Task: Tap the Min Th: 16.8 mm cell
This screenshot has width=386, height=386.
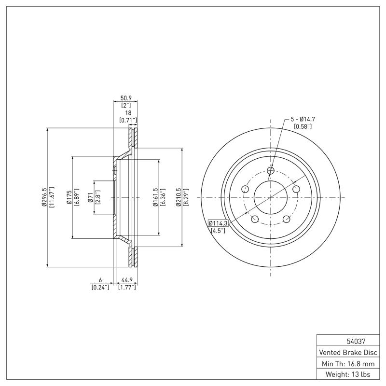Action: tap(347, 363)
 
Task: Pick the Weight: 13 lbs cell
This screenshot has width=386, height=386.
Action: tap(347, 374)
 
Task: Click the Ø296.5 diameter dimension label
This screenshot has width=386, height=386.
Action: tap(43, 197)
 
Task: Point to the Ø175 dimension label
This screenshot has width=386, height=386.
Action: tap(69, 197)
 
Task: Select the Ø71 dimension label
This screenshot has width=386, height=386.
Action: tap(90, 197)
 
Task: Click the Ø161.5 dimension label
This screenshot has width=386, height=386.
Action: tap(155, 197)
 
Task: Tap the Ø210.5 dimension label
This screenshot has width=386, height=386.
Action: tap(179, 197)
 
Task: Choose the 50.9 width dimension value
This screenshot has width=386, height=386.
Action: tap(125, 98)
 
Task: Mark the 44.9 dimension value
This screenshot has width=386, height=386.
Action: tap(127, 280)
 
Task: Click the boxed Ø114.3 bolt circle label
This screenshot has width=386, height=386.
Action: tap(218, 223)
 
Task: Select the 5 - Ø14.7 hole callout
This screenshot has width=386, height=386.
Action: tap(303, 119)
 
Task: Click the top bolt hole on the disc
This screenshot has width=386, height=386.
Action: tap(270, 170)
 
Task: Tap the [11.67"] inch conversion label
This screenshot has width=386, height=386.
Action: tap(51, 197)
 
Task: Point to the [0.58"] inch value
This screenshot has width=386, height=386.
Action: tap(303, 126)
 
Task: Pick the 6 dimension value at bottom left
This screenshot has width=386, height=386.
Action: tap(100, 280)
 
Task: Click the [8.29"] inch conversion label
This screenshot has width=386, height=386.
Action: tap(186, 197)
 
